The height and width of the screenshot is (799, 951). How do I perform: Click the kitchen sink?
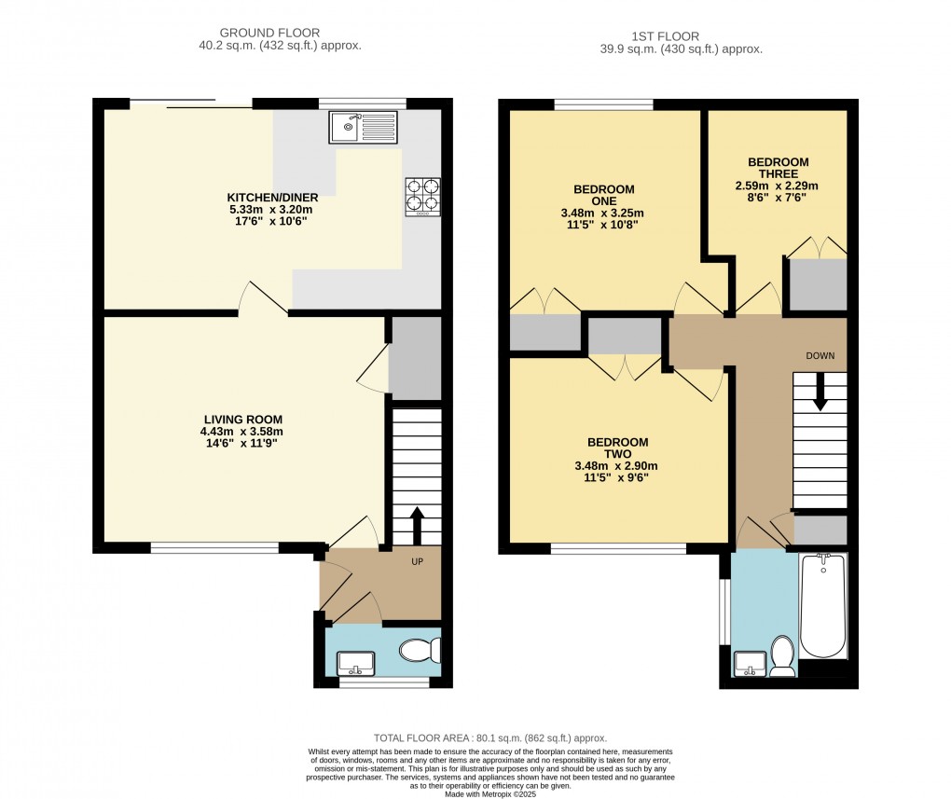click(x=364, y=127)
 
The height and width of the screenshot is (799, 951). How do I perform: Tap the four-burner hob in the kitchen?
click(x=422, y=197)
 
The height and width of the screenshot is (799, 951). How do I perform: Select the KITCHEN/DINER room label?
click(x=273, y=209)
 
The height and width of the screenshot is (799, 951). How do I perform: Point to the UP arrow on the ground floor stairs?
click(x=416, y=526)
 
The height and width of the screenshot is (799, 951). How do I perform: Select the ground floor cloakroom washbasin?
click(x=355, y=663)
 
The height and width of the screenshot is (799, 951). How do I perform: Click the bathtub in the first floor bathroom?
click(x=822, y=606)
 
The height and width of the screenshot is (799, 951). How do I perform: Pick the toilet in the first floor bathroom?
click(x=781, y=655)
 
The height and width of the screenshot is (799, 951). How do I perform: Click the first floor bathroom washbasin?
click(x=749, y=664)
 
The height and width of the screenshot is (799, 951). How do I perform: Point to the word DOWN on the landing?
click(x=820, y=356)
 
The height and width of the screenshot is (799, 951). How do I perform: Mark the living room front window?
click(x=214, y=548)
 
